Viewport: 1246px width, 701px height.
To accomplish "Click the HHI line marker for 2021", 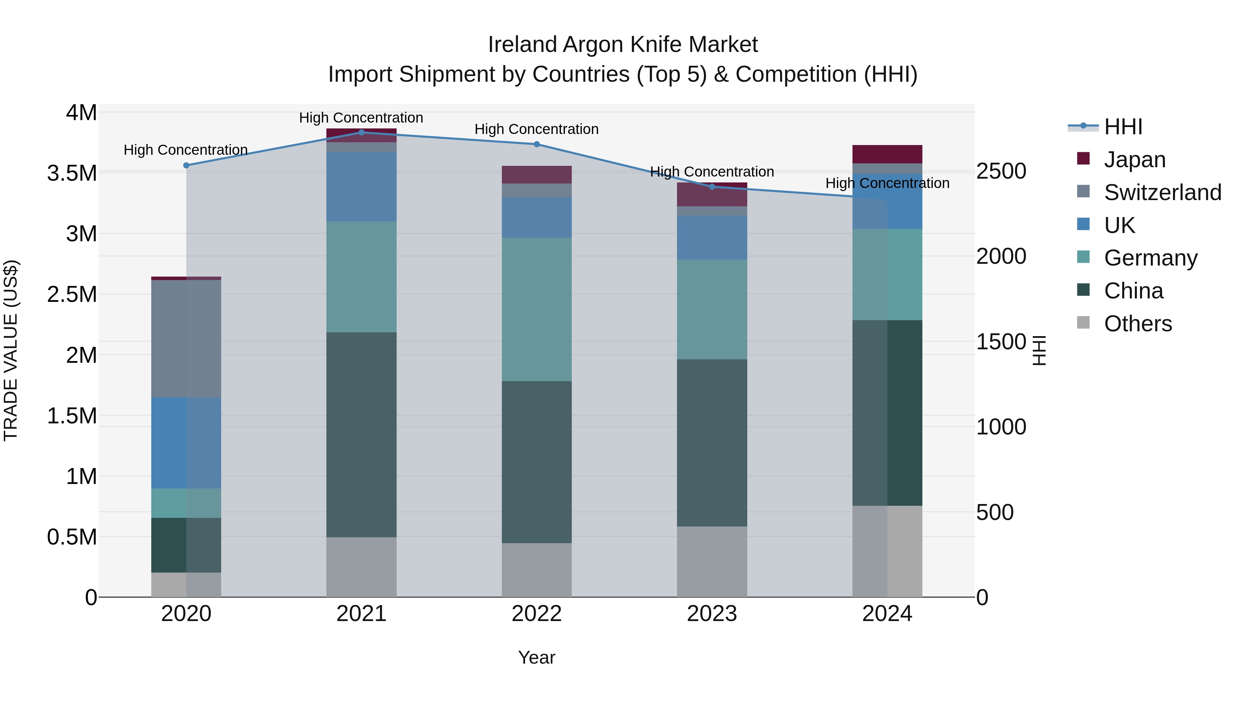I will point(361,133).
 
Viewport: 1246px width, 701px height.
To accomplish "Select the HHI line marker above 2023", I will point(712,187).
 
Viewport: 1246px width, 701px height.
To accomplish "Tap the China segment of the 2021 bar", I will point(361,434).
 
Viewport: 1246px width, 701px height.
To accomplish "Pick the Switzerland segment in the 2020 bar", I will point(186,339).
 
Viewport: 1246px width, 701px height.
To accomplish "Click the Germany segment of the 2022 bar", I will point(536,309).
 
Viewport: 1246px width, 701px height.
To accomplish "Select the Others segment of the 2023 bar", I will point(712,561).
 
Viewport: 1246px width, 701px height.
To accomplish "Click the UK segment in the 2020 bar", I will point(186,443).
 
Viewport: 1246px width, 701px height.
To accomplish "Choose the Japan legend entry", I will point(1134,160).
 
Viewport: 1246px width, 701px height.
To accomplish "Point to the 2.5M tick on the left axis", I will point(72,295).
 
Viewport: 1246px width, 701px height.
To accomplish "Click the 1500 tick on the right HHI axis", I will point(1001,342).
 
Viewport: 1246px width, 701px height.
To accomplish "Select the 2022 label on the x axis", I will point(536,614).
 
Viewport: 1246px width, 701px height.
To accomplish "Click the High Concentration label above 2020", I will point(186,150).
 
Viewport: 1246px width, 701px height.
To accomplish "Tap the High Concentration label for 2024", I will point(887,183).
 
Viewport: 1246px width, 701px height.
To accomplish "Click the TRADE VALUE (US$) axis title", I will point(11,350).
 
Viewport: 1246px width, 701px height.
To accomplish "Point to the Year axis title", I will point(536,657).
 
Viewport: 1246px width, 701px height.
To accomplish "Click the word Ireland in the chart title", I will point(522,45).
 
